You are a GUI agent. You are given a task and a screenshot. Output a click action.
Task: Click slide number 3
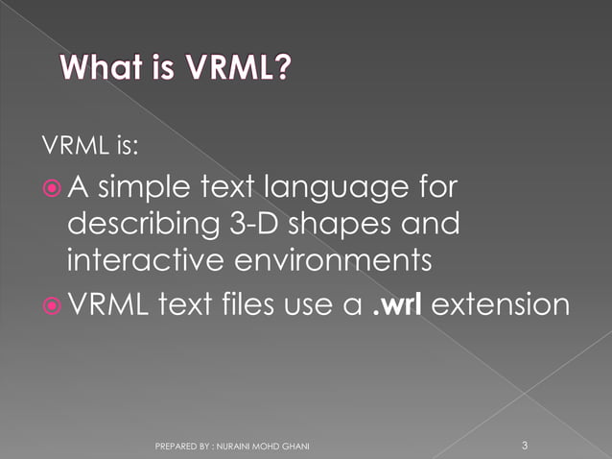(x=525, y=445)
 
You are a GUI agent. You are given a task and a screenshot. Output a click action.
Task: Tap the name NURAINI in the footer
(x=237, y=447)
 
